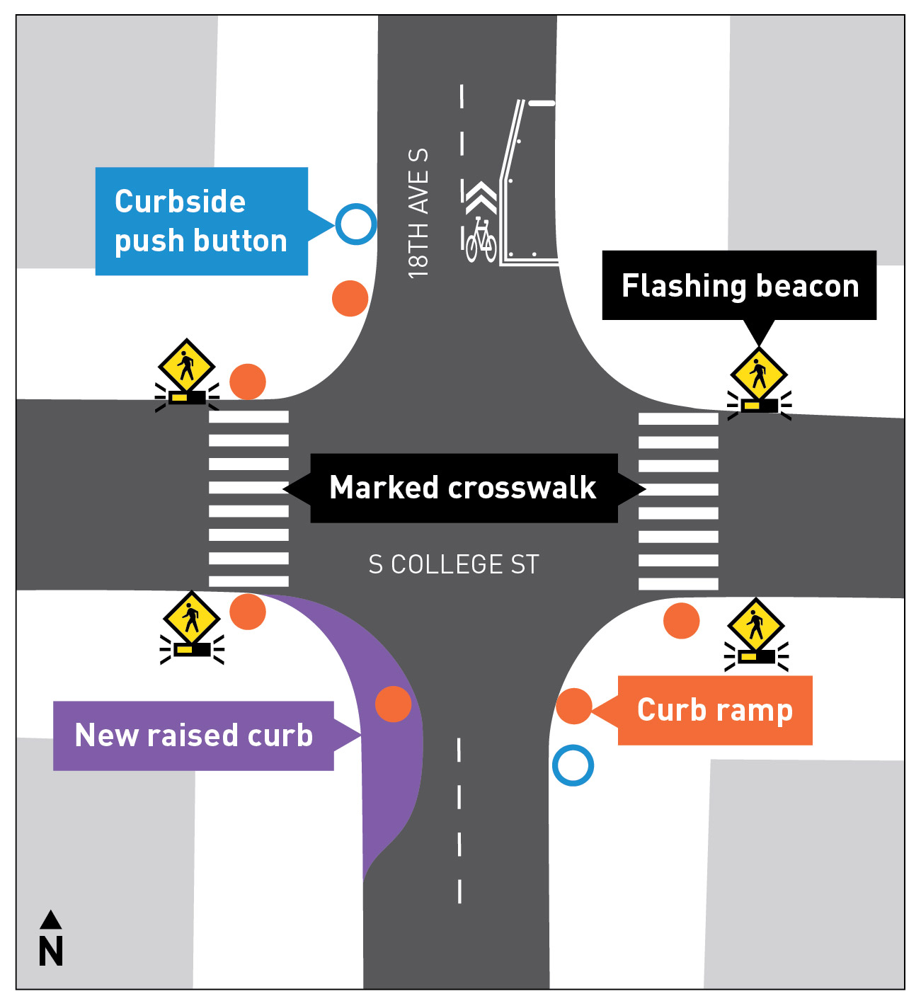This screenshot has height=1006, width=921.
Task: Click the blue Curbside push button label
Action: point(202,221)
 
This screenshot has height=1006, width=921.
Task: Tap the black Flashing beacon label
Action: point(739,285)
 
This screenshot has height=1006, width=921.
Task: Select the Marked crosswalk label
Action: point(464,488)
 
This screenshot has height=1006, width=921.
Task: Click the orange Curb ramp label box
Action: point(715,710)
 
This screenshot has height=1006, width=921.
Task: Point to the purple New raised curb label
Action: point(193,736)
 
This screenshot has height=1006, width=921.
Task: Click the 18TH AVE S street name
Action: point(418,213)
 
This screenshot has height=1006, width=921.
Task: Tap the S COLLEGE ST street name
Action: point(454,565)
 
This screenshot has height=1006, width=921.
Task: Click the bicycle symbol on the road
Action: point(481,239)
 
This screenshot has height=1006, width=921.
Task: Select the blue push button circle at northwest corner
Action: point(355,224)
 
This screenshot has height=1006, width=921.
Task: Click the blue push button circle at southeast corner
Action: point(573,765)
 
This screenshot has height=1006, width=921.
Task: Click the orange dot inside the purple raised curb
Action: point(393,704)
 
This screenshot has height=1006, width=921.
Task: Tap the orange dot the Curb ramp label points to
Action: point(573,706)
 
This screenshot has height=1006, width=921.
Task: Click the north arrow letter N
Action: point(51,951)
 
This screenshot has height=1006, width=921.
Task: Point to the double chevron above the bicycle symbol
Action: point(481,198)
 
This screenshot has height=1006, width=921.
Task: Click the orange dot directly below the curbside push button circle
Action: point(350,298)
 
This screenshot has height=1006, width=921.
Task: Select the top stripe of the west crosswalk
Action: point(248,417)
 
